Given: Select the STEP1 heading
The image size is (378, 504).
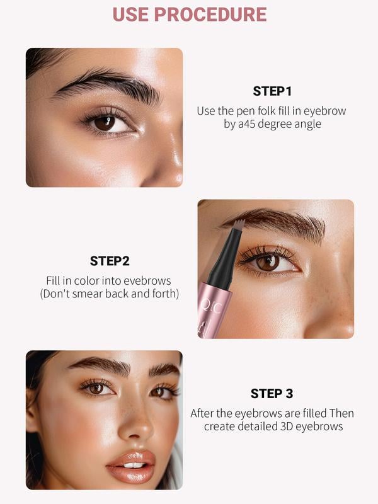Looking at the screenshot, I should (x=273, y=91).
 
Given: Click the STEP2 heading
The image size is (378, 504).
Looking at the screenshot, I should (x=110, y=261).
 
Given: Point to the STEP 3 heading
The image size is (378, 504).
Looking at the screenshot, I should (x=272, y=394).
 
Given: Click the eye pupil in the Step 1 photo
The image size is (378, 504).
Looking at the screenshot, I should (x=105, y=123).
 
